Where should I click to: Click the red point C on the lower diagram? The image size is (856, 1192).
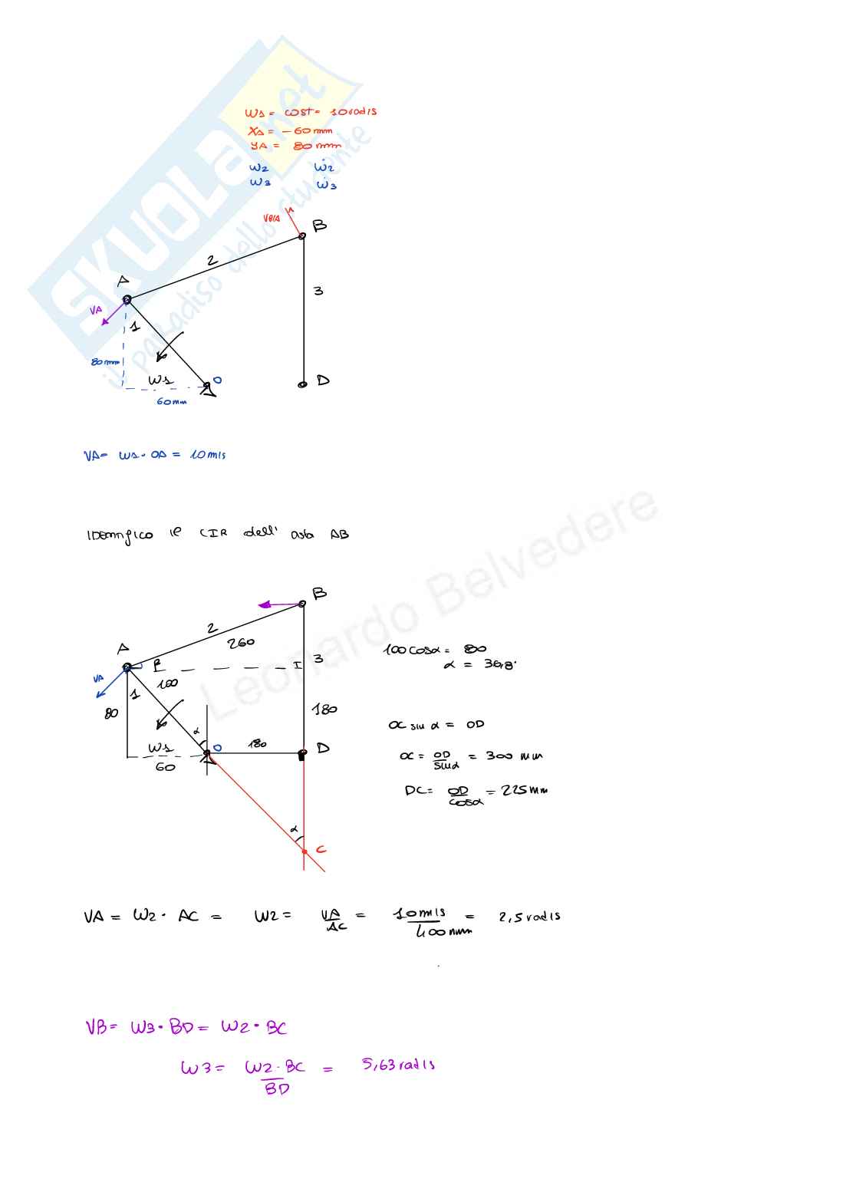(305, 851)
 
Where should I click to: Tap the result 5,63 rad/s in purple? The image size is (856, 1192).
(398, 1065)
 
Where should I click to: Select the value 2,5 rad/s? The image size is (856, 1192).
(529, 917)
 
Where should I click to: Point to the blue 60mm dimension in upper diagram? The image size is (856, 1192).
(171, 402)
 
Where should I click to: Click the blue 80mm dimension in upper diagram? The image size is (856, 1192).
(106, 361)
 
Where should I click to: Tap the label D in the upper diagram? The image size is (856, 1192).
(323, 380)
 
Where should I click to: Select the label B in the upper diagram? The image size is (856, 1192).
(319, 226)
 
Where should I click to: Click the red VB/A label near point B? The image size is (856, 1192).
(272, 219)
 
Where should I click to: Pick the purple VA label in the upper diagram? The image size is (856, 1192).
(95, 310)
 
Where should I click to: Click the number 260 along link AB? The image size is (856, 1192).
(241, 643)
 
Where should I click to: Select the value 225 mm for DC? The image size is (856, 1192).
(525, 790)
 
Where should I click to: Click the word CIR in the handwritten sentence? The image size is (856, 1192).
(213, 533)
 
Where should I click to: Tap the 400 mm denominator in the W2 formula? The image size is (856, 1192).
(443, 932)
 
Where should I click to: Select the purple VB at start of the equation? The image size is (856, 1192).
(97, 1027)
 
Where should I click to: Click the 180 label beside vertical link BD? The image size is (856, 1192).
(324, 710)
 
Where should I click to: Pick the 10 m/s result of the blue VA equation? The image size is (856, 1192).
(208, 455)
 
